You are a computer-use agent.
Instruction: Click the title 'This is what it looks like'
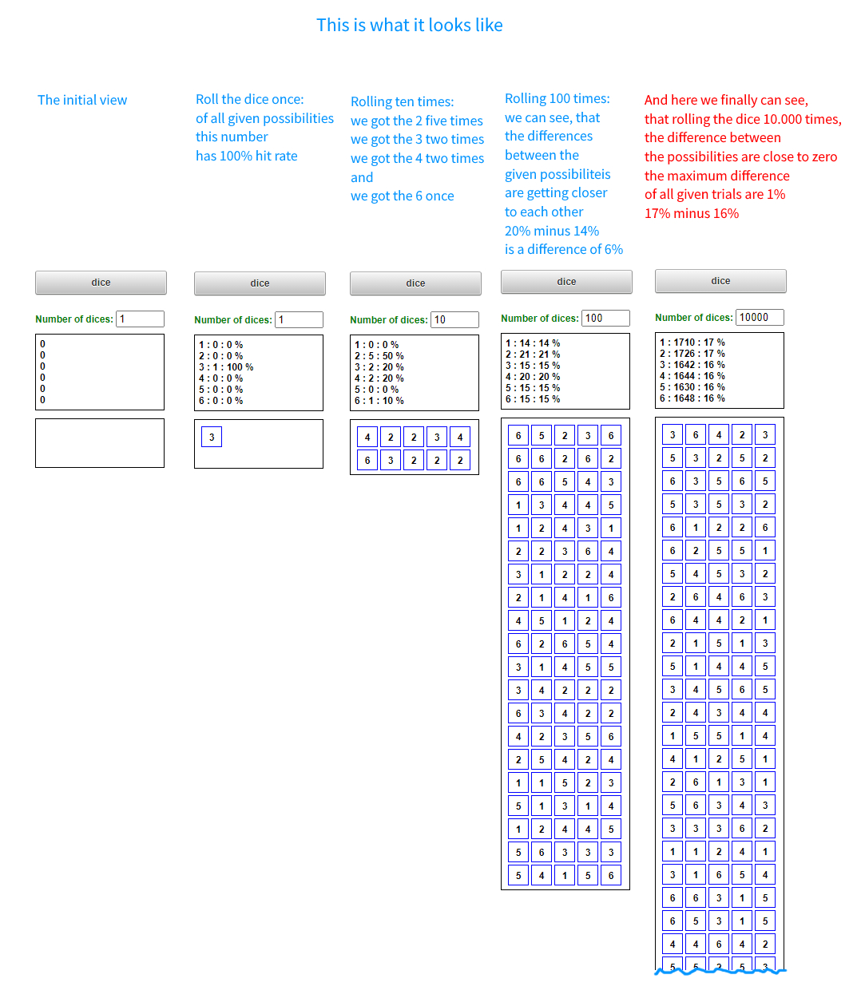[409, 26]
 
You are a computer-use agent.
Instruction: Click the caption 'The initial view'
[82, 100]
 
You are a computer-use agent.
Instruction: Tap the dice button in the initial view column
[101, 283]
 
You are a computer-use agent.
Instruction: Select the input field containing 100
[605, 318]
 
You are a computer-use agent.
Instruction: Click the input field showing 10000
[759, 317]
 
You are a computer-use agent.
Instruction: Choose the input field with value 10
[454, 319]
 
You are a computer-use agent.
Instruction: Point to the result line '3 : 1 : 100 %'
[226, 367]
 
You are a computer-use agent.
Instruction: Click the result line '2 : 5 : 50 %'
[379, 356]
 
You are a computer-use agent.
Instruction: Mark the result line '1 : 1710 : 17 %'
[692, 343]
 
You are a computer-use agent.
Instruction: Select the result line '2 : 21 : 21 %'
[533, 354]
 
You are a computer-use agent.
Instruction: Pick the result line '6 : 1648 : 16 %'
[692, 398]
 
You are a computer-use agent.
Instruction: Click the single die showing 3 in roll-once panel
[212, 437]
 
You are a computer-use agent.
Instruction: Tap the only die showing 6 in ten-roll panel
[367, 460]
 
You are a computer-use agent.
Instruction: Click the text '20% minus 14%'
[551, 231]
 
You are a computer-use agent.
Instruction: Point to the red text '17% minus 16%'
[691, 213]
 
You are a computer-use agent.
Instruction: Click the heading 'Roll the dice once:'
[249, 99]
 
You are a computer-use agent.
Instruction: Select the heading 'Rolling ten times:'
[402, 101]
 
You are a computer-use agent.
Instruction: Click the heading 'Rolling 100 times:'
[557, 98]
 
